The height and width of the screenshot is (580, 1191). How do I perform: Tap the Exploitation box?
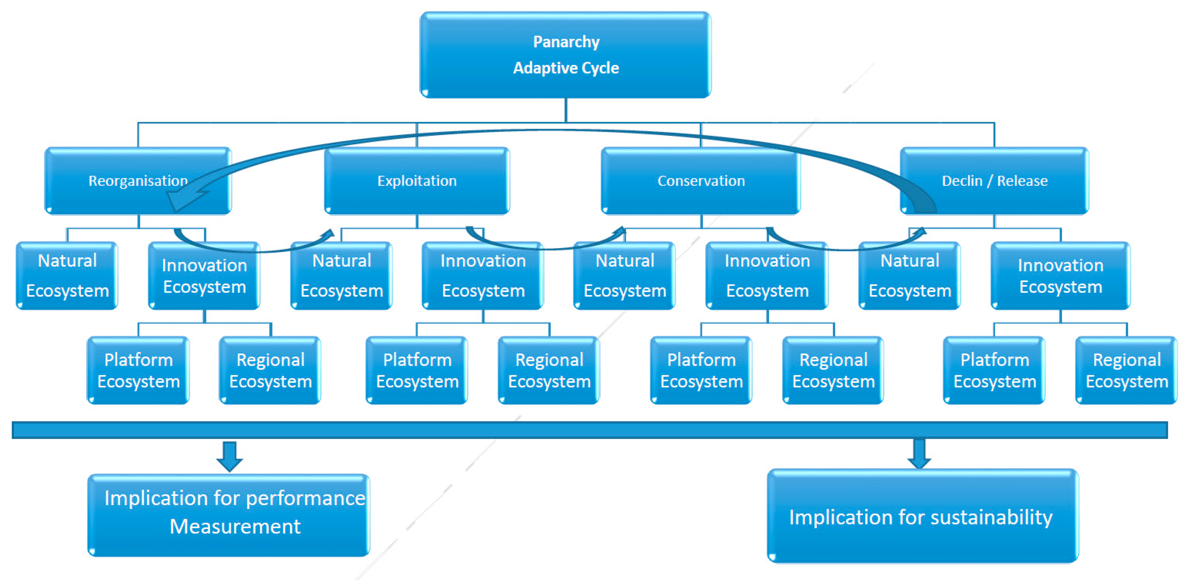[416, 180]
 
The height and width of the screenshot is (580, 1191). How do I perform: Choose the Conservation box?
[701, 180]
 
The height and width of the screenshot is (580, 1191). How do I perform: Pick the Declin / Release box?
[994, 180]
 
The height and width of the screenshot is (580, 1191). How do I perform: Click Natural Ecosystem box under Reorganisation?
[67, 276]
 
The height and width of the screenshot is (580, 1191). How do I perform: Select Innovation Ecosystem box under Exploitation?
[483, 276]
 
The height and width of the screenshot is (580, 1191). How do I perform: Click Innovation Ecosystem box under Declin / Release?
[1060, 276]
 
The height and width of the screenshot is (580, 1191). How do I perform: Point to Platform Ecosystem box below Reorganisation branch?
[138, 370]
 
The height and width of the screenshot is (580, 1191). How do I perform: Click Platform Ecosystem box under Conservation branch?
[701, 370]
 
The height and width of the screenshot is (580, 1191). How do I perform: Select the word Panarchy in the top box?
[566, 42]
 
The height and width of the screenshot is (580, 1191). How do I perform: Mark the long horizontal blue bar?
[589, 430]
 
